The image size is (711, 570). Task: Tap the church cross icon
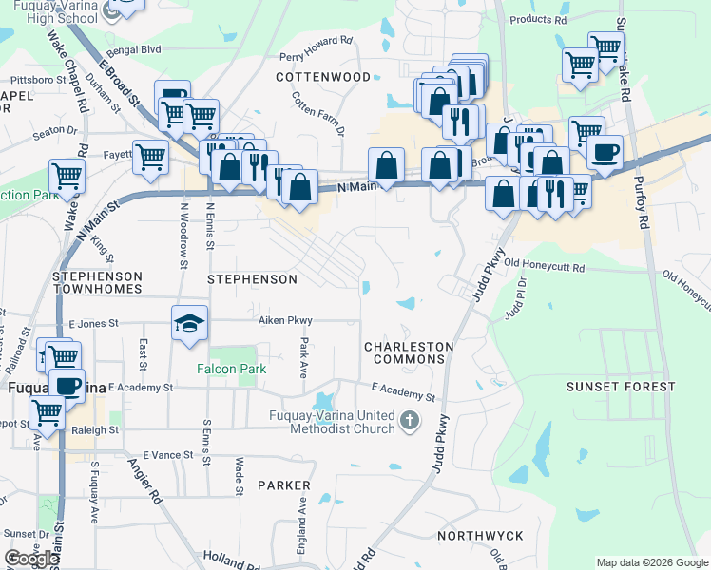[410, 419]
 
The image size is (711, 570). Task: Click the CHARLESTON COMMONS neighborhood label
[408, 352]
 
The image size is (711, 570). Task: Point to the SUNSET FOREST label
[621, 387]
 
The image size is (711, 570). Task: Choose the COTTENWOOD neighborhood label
[323, 76]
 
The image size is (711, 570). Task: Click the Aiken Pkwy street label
[285, 321]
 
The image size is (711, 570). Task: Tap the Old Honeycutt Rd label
[544, 265]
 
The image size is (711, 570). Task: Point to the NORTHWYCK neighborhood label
[480, 536]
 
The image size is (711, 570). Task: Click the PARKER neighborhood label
[283, 485]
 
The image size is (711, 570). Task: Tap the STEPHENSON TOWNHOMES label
[98, 283]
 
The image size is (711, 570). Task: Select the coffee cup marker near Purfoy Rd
[605, 152]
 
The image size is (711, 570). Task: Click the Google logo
[32, 559]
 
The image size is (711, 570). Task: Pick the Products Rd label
[538, 19]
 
